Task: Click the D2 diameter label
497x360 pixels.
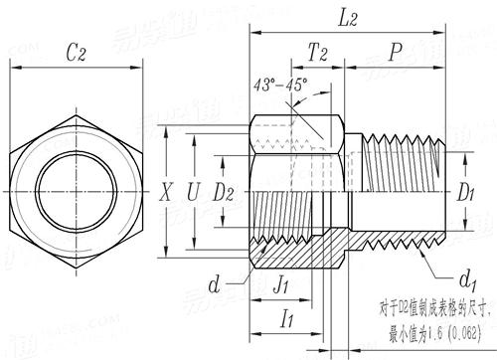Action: tap(226, 191)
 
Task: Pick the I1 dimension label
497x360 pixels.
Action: tap(291, 320)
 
